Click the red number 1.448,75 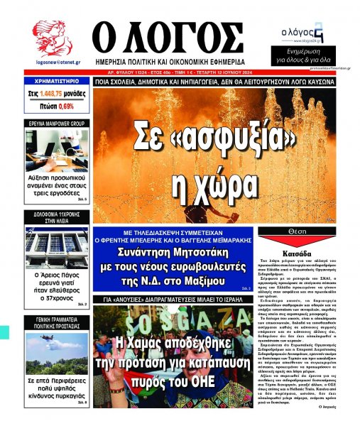(58, 93)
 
